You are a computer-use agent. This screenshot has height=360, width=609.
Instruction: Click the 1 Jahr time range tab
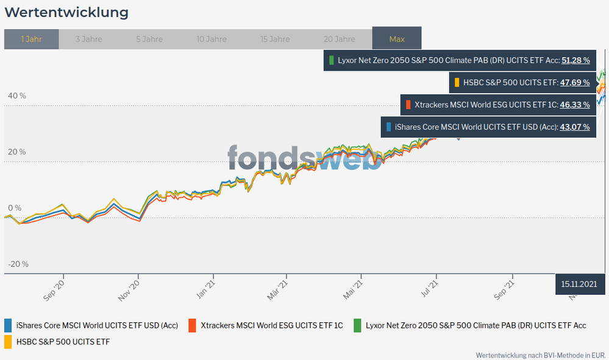[x=31, y=39]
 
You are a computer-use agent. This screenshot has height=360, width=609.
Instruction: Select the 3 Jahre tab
[x=89, y=39]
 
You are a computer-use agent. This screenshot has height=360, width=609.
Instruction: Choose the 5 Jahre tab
[x=149, y=39]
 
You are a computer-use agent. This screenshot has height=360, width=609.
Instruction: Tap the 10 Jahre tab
[x=212, y=39]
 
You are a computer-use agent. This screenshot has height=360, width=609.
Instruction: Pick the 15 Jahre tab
[x=275, y=39]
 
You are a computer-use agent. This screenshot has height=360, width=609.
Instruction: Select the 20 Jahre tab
[x=339, y=39]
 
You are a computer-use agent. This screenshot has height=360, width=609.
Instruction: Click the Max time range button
[x=397, y=39]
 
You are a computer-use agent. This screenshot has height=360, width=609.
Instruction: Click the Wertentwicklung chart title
[x=66, y=12]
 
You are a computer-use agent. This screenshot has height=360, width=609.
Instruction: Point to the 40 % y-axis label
[x=17, y=96]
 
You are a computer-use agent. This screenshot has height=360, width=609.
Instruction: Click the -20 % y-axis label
[x=18, y=264]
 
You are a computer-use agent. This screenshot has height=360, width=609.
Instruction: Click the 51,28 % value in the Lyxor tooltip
[x=575, y=60]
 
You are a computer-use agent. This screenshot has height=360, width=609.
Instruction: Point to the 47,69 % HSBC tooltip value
[x=575, y=82]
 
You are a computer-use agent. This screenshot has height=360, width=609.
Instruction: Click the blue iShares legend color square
[x=9, y=325]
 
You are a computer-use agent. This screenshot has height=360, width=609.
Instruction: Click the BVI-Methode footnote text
[x=541, y=355]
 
